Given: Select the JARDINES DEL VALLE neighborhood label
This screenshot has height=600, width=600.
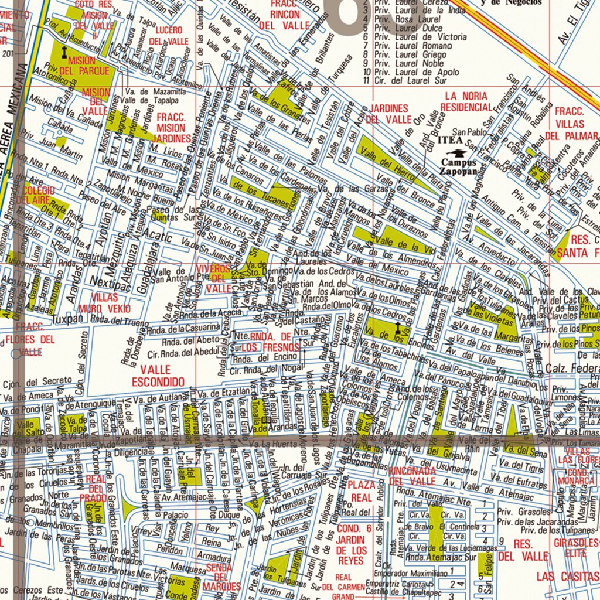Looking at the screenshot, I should pos(388,114).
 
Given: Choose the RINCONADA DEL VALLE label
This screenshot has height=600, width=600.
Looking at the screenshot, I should pos(411,476).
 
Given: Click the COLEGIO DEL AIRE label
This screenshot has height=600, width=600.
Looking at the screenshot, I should pos(39,196).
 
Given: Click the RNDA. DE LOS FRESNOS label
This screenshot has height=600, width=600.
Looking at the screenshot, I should pos(270,341).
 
